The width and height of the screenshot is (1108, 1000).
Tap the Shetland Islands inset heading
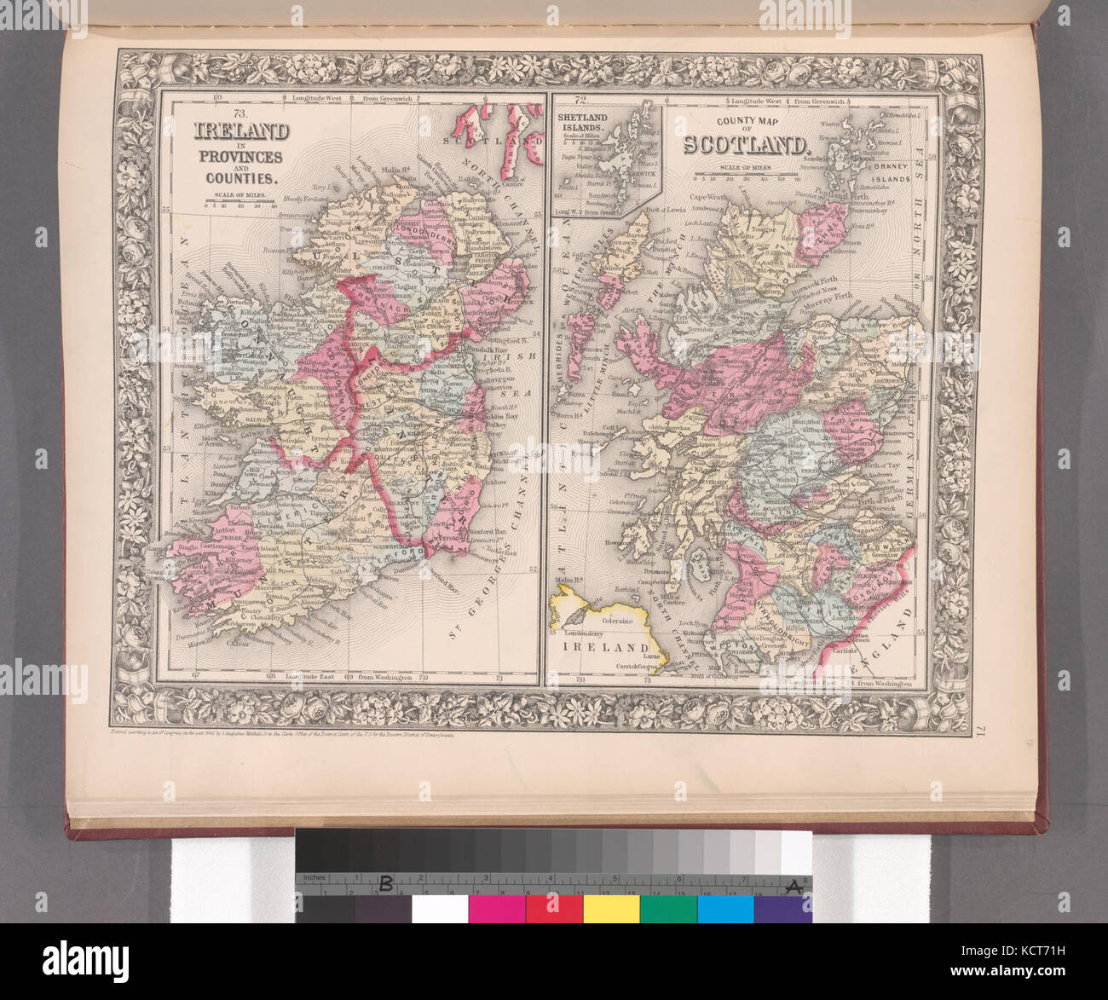(582, 122)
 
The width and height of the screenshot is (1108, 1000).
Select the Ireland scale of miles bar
(240, 205)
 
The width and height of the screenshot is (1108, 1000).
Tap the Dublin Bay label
(487, 413)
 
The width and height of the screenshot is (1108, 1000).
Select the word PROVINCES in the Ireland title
(240, 157)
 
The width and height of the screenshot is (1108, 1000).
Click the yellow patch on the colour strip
(611, 908)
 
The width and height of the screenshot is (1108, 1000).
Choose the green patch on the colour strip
(668, 908)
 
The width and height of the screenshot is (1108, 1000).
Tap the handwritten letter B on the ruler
(385, 883)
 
